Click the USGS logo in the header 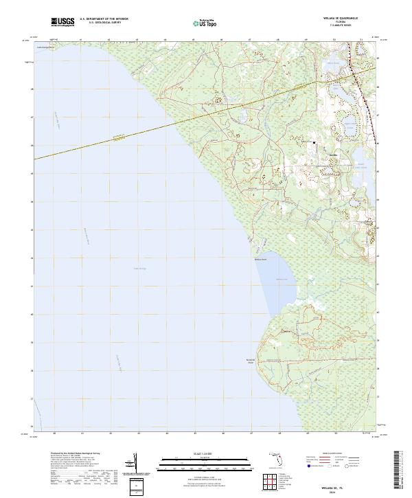(x=63, y=22)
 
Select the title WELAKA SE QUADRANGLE (x=336, y=18)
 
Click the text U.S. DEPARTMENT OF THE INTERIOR (x=104, y=19)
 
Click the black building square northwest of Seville (x=314, y=142)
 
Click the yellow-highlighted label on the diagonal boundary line (x=120, y=137)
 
